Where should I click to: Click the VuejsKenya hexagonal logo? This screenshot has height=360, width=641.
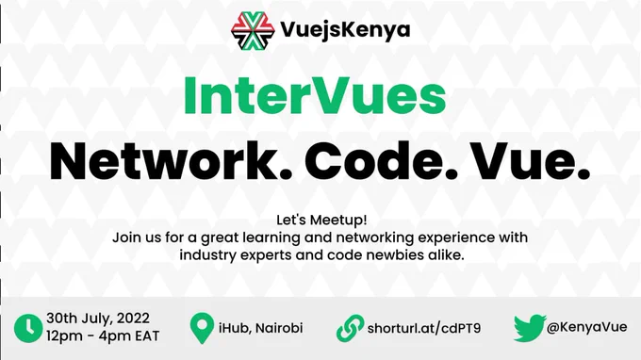click(x=253, y=31)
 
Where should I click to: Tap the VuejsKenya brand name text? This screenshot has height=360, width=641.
click(x=345, y=30)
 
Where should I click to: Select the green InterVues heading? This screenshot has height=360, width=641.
click(x=315, y=95)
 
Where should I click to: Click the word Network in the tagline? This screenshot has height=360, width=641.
click(x=171, y=161)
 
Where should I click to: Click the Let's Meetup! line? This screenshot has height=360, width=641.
click(x=321, y=220)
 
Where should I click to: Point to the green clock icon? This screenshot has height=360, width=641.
click(x=28, y=328)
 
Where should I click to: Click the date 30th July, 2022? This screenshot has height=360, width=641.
click(x=98, y=319)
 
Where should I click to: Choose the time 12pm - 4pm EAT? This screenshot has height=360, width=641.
click(x=103, y=335)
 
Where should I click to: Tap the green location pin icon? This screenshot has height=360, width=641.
click(x=202, y=328)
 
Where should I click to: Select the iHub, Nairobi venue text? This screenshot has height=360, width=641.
click(x=261, y=328)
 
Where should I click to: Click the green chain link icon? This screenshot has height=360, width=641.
click(x=350, y=328)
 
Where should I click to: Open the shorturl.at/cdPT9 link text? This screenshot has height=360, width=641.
click(x=424, y=328)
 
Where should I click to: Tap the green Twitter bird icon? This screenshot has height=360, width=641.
click(x=530, y=328)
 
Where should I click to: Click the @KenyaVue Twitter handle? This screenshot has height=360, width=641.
click(x=586, y=327)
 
